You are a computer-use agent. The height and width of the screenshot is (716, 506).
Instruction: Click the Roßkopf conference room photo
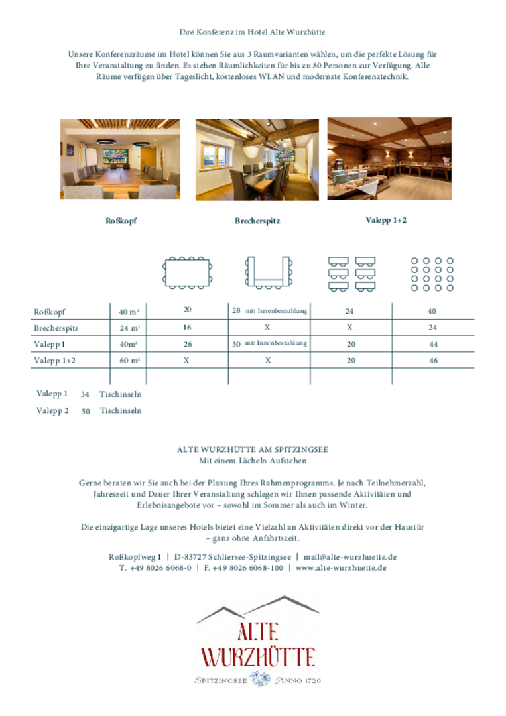pyautogui.click(x=120, y=159)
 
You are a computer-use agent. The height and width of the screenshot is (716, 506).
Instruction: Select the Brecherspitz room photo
pyautogui.click(x=257, y=160)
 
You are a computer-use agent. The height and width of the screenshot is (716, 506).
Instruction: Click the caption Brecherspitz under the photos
pyautogui.click(x=257, y=221)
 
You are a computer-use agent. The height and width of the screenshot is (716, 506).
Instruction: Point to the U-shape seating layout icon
pyautogui.click(x=267, y=272)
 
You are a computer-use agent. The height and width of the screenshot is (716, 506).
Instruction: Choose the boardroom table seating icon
pyautogui.click(x=187, y=272)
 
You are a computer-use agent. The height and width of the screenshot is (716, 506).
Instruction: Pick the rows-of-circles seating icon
pyautogui.click(x=432, y=274)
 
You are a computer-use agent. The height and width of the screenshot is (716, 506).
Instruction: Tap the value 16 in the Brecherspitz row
pyautogui.click(x=187, y=328)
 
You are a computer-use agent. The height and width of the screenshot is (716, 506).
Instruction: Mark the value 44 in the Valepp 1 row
pyautogui.click(x=433, y=345)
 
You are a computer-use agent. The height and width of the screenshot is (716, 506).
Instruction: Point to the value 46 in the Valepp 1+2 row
pyautogui.click(x=433, y=361)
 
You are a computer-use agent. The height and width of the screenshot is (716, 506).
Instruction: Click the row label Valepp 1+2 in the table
pyautogui.click(x=54, y=361)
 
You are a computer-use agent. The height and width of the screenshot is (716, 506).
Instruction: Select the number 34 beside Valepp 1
pyautogui.click(x=85, y=394)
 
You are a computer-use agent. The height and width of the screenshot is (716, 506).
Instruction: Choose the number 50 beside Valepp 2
pyautogui.click(x=86, y=411)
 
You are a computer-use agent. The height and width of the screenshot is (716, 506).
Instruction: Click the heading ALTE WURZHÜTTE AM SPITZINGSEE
pyautogui.click(x=252, y=449)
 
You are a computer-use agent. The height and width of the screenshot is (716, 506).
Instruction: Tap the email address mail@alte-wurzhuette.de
pyautogui.click(x=350, y=557)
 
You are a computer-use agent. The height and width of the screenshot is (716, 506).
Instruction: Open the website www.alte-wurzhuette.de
pyautogui.click(x=341, y=568)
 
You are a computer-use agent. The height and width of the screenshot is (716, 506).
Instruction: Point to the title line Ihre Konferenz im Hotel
pyautogui.click(x=252, y=32)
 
